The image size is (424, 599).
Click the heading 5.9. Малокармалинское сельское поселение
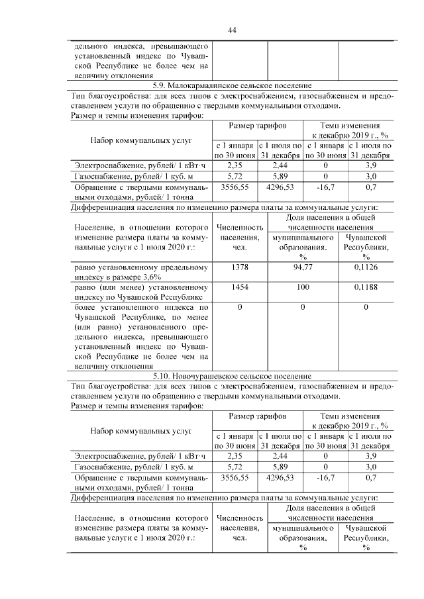[232, 85]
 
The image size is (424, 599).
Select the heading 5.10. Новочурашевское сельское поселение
[232, 376]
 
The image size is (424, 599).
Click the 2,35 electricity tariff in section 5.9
[235, 165]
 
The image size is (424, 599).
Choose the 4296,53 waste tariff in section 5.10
[280, 477]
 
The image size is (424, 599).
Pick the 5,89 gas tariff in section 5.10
[280, 466]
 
